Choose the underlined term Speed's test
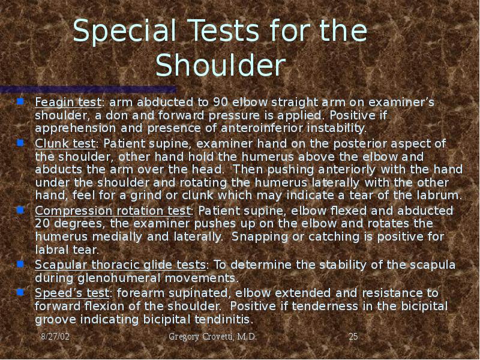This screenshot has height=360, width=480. (72, 292)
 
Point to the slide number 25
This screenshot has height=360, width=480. (353, 337)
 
